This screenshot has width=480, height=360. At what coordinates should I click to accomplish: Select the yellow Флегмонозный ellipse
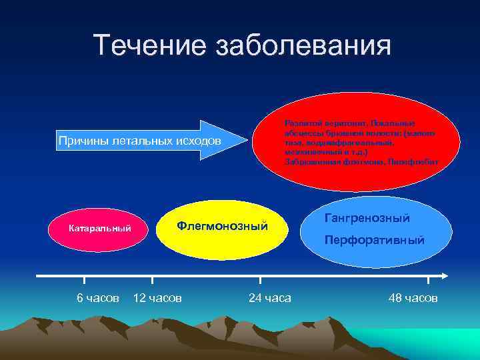click(221, 227)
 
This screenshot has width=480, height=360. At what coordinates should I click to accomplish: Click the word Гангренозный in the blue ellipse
click(366, 218)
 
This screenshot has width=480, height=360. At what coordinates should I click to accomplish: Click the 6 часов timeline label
click(98, 298)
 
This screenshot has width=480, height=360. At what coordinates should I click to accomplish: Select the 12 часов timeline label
click(157, 298)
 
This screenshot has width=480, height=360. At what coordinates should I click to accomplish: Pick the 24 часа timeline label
click(269, 298)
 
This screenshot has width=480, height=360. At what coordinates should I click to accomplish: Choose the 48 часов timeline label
click(413, 298)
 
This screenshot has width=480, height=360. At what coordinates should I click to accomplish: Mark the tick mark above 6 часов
click(85, 281)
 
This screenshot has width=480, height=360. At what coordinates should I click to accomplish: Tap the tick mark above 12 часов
click(152, 281)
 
